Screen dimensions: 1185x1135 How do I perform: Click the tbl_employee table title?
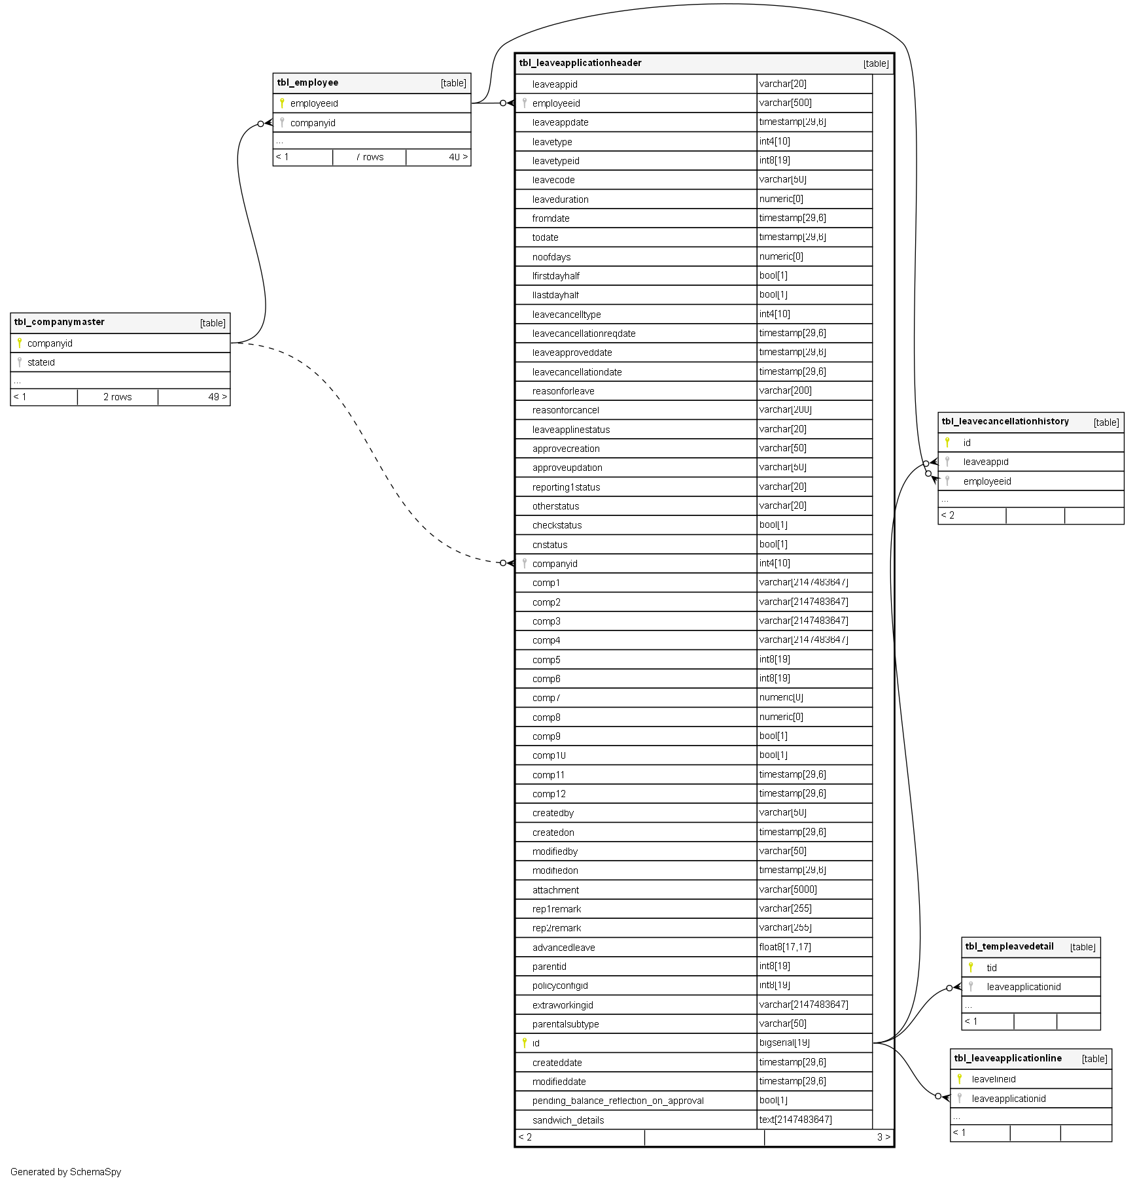[307, 83]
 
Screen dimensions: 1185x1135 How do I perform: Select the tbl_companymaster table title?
[59, 322]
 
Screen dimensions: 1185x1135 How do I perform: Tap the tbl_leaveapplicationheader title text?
[580, 63]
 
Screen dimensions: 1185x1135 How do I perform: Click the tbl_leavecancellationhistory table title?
[1005, 422]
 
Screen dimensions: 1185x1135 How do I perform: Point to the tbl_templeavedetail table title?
[1009, 947]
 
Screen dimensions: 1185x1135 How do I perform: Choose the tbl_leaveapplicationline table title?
[1007, 1059]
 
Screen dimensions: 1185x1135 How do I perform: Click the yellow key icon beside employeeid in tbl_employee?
[282, 103]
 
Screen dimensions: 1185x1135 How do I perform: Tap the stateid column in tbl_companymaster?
[41, 363]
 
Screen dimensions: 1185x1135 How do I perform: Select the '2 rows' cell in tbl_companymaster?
[118, 398]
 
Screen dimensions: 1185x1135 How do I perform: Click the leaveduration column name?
[560, 199]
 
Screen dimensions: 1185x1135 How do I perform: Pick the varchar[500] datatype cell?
[785, 103]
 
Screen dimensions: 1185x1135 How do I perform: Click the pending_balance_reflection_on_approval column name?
[618, 1101]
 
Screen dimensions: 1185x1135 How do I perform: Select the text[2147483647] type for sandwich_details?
[795, 1120]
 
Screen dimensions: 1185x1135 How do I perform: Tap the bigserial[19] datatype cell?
[784, 1043]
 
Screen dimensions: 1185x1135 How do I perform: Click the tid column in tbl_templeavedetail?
[992, 969]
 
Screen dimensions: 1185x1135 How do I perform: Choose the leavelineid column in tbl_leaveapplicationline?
[994, 1080]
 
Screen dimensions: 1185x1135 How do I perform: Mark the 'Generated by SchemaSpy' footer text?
[65, 1172]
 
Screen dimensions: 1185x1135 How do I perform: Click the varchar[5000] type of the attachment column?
[788, 890]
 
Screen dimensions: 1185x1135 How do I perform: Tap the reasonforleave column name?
[563, 392]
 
